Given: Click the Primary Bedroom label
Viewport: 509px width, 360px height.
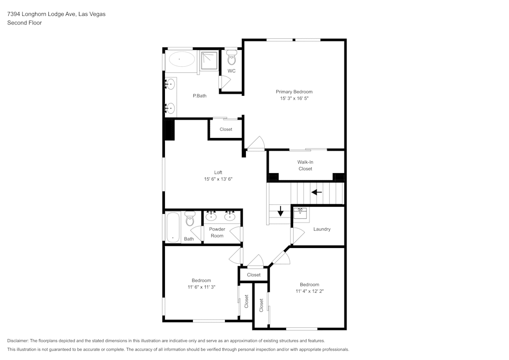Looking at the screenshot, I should click(x=294, y=92).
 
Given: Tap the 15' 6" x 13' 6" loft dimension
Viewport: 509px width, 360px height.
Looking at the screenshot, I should click(x=218, y=179).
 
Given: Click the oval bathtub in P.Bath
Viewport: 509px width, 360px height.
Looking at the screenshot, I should click(x=181, y=60).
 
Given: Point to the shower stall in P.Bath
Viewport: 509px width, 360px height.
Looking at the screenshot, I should click(x=208, y=61).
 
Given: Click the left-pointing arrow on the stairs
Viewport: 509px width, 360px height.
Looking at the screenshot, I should click(x=317, y=192).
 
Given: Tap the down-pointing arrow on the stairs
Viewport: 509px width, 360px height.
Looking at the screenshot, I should click(x=280, y=210).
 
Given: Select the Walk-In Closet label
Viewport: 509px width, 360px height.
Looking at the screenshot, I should click(x=305, y=165).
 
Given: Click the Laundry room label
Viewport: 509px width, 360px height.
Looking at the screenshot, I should click(x=322, y=229).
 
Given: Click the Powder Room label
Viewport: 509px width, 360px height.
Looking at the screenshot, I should click(x=217, y=232).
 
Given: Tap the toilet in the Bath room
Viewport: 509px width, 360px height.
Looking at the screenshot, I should click(x=190, y=219).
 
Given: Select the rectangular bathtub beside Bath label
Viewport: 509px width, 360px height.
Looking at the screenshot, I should click(x=172, y=227).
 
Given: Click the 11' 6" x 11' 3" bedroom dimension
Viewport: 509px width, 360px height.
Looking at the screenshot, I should click(x=201, y=287).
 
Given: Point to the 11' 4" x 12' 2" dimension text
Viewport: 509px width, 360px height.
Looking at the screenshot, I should click(x=309, y=291).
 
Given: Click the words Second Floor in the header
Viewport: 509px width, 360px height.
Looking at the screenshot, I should click(x=24, y=23).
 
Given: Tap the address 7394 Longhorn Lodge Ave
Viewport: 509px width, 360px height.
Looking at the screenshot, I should click(x=41, y=14).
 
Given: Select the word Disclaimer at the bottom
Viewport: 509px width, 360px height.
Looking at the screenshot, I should click(x=18, y=341).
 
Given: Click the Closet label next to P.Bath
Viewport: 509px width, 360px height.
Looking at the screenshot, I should click(x=225, y=129).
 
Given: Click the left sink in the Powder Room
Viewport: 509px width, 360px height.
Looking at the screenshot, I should click(x=211, y=216).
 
